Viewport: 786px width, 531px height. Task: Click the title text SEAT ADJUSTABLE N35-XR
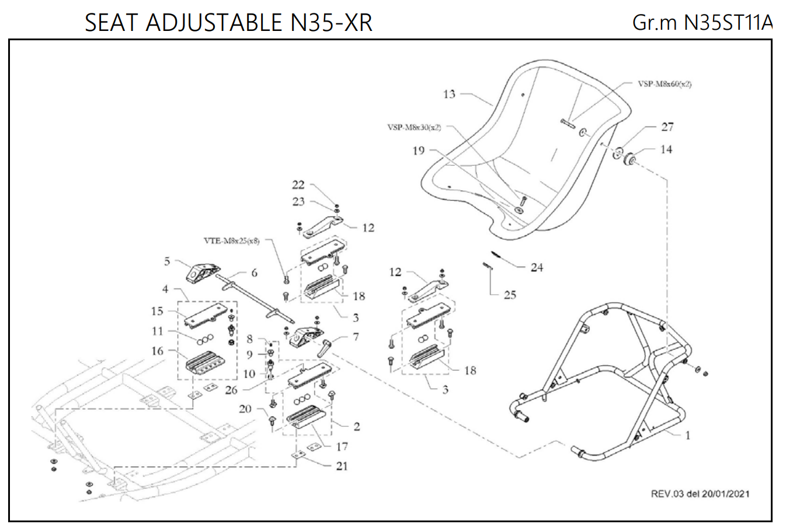click(x=228, y=23)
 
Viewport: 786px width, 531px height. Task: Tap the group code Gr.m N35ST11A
click(x=702, y=23)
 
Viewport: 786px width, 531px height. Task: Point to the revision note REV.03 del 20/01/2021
click(x=700, y=494)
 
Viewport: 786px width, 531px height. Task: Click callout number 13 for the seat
click(x=449, y=94)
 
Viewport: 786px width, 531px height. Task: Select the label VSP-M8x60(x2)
click(x=665, y=84)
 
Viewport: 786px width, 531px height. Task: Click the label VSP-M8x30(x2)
click(x=414, y=127)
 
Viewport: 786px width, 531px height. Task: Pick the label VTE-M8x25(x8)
click(x=232, y=240)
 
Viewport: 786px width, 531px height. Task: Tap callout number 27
click(x=667, y=127)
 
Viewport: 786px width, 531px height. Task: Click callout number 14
click(x=666, y=149)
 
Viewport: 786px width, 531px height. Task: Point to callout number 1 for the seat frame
click(x=688, y=435)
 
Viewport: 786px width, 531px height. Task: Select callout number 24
click(x=537, y=267)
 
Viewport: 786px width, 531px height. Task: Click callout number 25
click(x=510, y=295)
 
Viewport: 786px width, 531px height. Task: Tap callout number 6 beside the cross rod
click(x=254, y=273)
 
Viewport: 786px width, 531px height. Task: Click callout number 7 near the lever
click(x=356, y=337)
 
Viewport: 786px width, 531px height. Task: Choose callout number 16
click(x=158, y=351)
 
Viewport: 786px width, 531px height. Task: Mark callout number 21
click(x=342, y=466)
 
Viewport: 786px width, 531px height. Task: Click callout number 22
click(x=298, y=185)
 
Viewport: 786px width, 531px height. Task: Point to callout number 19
click(x=419, y=151)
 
